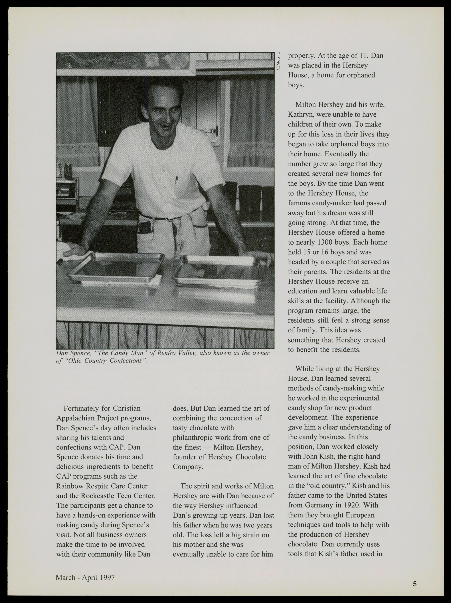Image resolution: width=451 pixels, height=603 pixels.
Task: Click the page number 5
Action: (x=414, y=583)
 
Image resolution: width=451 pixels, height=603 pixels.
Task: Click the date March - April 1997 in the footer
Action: (x=85, y=577)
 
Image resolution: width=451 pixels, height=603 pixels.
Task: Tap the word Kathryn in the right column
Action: (x=300, y=114)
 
